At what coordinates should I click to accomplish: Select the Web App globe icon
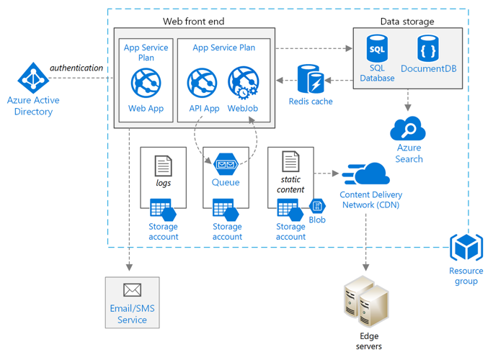146,83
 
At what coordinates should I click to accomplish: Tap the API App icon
203,83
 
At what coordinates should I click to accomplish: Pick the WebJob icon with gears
243,83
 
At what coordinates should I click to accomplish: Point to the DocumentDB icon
428,48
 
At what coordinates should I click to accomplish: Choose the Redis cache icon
311,78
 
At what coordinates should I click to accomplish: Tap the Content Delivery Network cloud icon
368,175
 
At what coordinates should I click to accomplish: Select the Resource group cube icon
466,248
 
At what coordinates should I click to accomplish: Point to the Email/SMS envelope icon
132,290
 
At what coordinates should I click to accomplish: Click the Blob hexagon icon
317,206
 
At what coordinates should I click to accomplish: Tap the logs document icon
164,166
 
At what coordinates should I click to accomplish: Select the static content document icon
290,161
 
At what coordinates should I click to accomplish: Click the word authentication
76,68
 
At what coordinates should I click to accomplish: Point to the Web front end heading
195,22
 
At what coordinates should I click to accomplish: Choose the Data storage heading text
407,22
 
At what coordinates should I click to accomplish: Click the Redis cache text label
311,102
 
